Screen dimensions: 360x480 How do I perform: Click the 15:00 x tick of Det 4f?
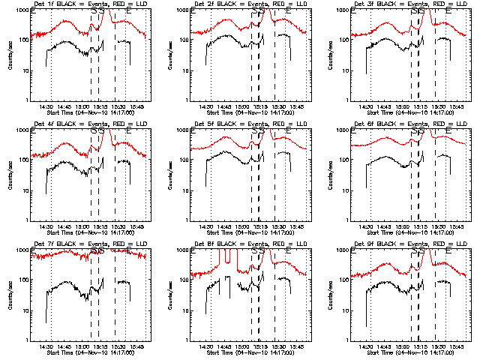pos(82,226)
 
